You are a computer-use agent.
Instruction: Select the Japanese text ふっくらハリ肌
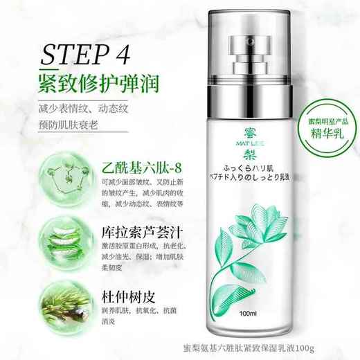click(228, 186)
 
